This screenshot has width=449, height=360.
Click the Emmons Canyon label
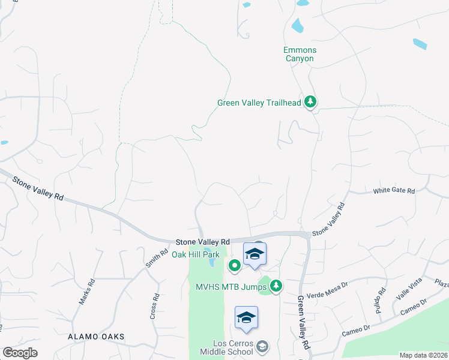300,55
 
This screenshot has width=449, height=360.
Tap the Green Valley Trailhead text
259,103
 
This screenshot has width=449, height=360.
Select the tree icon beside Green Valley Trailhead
310,102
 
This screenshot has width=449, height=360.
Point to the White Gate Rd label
394,191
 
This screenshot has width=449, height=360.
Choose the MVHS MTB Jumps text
231,287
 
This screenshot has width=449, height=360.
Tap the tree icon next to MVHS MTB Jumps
276,286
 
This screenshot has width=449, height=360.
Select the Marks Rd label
87,292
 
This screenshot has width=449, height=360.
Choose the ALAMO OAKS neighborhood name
96,337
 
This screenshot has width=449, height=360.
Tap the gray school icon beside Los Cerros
262,346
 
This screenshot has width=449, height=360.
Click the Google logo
20,353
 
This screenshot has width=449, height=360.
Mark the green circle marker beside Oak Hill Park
234,265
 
